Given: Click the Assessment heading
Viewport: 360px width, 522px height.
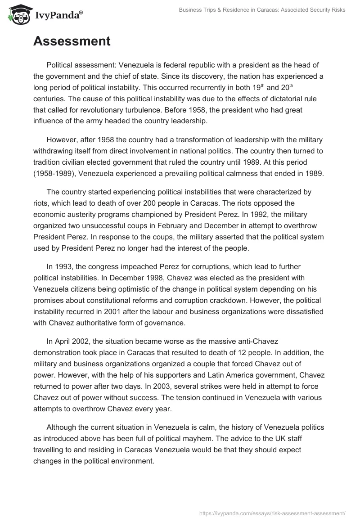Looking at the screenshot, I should (x=72, y=41).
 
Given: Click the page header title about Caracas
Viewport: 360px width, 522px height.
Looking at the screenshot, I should (x=261, y=10).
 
